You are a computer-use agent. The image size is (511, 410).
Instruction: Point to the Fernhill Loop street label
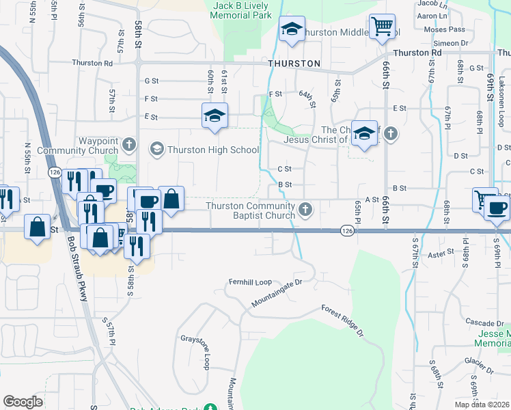(250, 282)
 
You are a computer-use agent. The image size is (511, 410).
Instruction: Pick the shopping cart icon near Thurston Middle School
(382, 27)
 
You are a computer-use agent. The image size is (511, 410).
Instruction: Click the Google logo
(23, 402)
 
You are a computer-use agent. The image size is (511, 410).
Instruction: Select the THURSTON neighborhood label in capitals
(294, 64)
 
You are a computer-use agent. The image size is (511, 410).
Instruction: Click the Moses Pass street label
(444, 29)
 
